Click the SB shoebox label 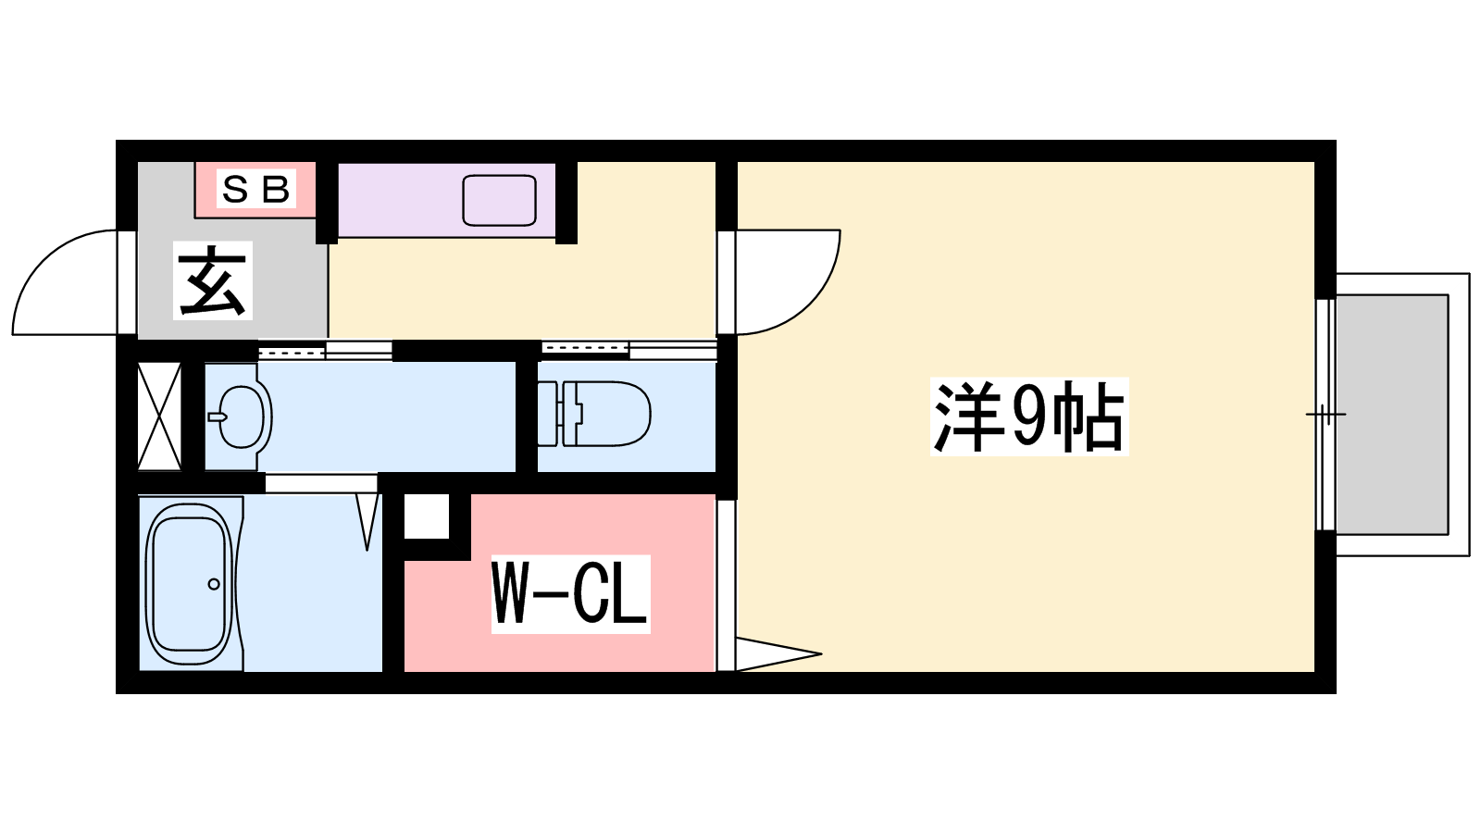[x=255, y=190]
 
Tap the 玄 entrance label [x=213, y=280]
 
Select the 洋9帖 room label [x=1028, y=416]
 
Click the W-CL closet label [x=570, y=593]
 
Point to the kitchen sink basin [x=499, y=200]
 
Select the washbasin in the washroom [x=242, y=417]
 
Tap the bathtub [x=190, y=584]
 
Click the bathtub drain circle [x=214, y=584]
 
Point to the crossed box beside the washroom [x=158, y=416]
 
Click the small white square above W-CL [x=427, y=516]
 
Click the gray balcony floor [x=1392, y=415]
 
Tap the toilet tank [x=551, y=414]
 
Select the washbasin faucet [x=218, y=417]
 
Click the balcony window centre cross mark [x=1325, y=415]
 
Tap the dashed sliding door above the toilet [x=585, y=348]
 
